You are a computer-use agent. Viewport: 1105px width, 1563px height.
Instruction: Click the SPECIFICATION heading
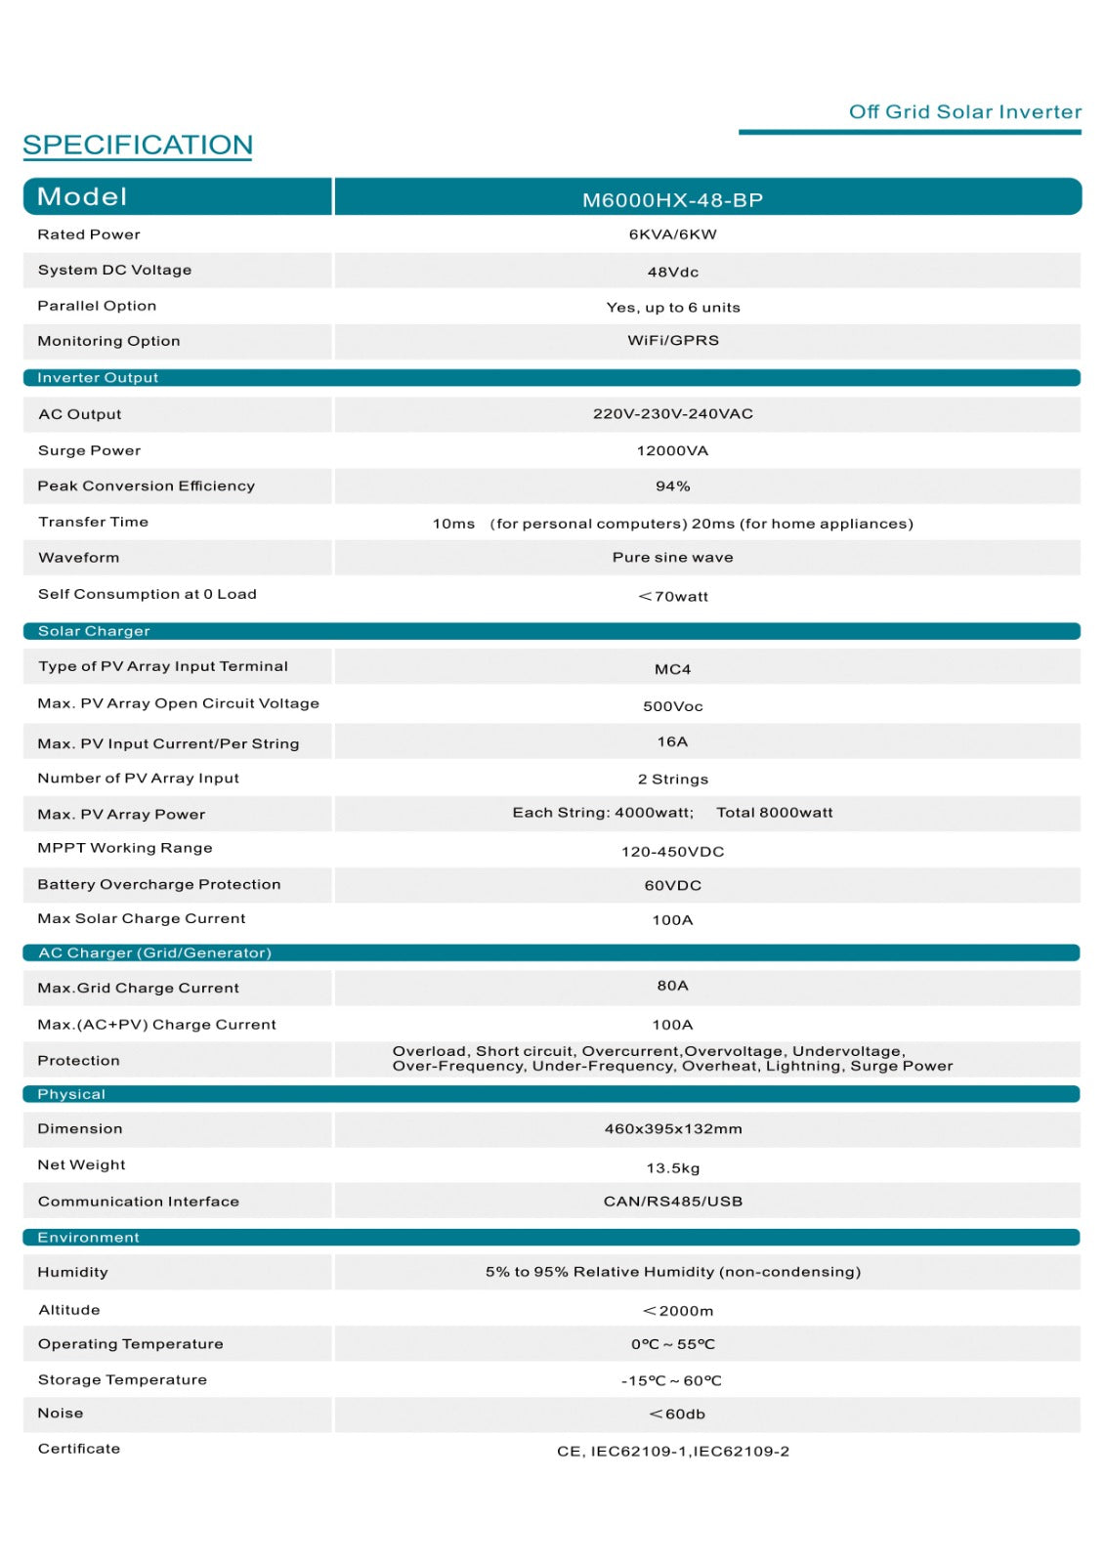click(138, 146)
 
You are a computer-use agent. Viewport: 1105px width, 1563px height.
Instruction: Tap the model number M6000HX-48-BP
click(672, 200)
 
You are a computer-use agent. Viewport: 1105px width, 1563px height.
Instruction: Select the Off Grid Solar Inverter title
click(964, 112)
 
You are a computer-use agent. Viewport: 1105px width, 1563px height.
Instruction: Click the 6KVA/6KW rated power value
click(672, 234)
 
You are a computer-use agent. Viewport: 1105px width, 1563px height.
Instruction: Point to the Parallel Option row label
click(97, 306)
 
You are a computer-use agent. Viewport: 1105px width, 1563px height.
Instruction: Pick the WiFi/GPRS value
click(672, 340)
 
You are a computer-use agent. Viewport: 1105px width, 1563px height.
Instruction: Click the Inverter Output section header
click(98, 378)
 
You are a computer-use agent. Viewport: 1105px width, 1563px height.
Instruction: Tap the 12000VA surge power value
click(672, 450)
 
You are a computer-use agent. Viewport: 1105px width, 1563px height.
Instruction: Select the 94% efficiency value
click(672, 486)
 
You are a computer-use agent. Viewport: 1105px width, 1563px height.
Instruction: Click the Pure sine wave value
click(672, 558)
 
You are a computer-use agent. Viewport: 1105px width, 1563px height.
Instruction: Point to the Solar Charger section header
click(94, 631)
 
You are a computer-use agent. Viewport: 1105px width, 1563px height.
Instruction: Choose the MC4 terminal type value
click(672, 669)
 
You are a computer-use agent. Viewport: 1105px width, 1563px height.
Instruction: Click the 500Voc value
click(672, 706)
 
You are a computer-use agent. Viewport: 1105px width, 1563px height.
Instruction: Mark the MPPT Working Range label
click(125, 848)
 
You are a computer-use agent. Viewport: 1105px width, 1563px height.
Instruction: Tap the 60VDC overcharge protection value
click(672, 885)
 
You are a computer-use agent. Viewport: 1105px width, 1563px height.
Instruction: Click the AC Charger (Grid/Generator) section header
click(154, 952)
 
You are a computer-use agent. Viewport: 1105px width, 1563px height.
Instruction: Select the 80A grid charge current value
click(672, 986)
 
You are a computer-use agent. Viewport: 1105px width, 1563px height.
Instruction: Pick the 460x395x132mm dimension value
click(672, 1129)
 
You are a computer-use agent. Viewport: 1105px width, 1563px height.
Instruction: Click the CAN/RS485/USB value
click(672, 1202)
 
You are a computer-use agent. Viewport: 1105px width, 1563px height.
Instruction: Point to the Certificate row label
click(79, 1449)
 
